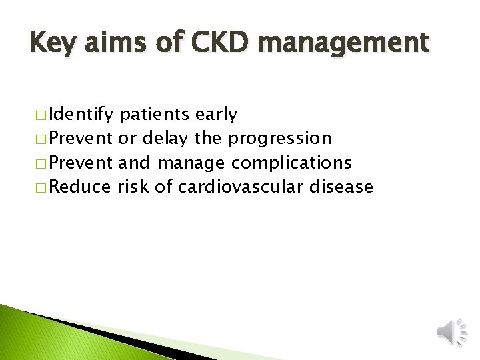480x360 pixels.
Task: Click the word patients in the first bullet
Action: (x=155, y=115)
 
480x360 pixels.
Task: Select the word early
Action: (x=216, y=115)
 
